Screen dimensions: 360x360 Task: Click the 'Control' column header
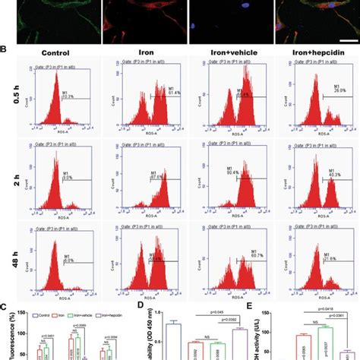pyautogui.click(x=55, y=54)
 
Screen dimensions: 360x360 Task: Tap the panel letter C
pyautogui.click(x=5, y=308)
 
